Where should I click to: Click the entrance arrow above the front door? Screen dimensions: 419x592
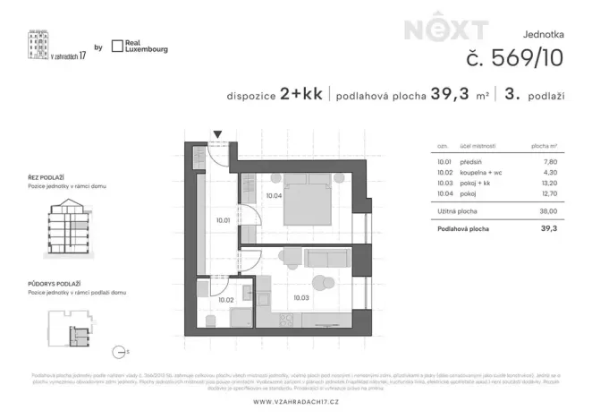pyautogui.click(x=216, y=135)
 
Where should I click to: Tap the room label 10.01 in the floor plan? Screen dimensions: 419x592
pyautogui.click(x=223, y=220)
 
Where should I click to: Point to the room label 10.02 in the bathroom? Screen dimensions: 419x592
pyautogui.click(x=225, y=300)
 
